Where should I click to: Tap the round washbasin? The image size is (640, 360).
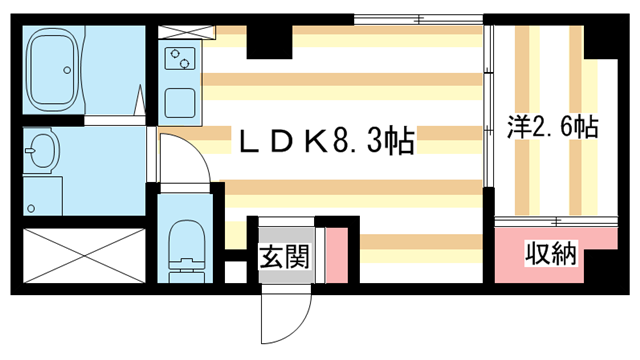(41, 153)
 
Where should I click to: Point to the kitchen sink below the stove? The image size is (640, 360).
(180, 102)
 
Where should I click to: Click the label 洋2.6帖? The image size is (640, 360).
(552, 126)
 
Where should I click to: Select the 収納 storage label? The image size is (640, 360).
(552, 255)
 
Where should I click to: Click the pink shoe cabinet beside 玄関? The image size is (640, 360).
(335, 255)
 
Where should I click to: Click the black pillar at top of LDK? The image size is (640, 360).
(265, 37)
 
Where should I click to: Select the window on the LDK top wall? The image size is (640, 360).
(418, 18)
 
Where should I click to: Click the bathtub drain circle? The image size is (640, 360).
(67, 70)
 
